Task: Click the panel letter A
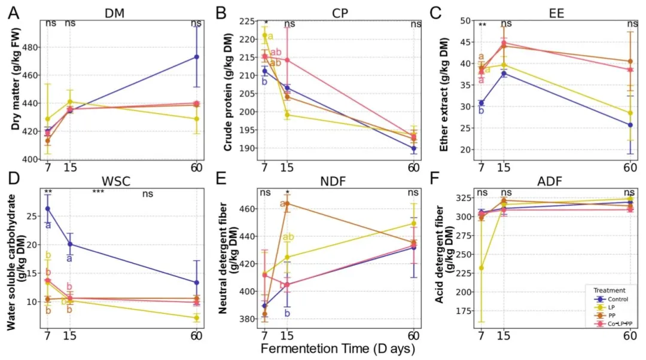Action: (13, 11)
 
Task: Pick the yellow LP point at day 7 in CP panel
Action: (265, 35)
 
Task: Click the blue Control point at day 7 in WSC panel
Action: (48, 209)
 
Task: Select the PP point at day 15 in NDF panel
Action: (287, 203)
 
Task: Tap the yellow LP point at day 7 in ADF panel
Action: (482, 268)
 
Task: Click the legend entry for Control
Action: (608, 298)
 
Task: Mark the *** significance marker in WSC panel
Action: (98, 193)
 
